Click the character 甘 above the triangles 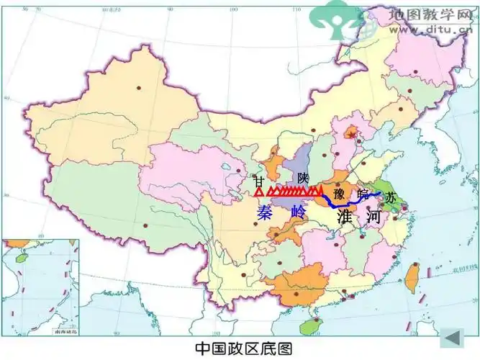(259, 181)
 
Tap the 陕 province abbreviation (302, 177)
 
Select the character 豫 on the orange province (339, 192)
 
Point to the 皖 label (363, 192)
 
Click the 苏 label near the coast (390, 197)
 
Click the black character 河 (372, 215)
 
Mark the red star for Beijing (351, 134)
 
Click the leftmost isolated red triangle (259, 192)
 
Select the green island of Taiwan (412, 275)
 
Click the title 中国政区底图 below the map (244, 348)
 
